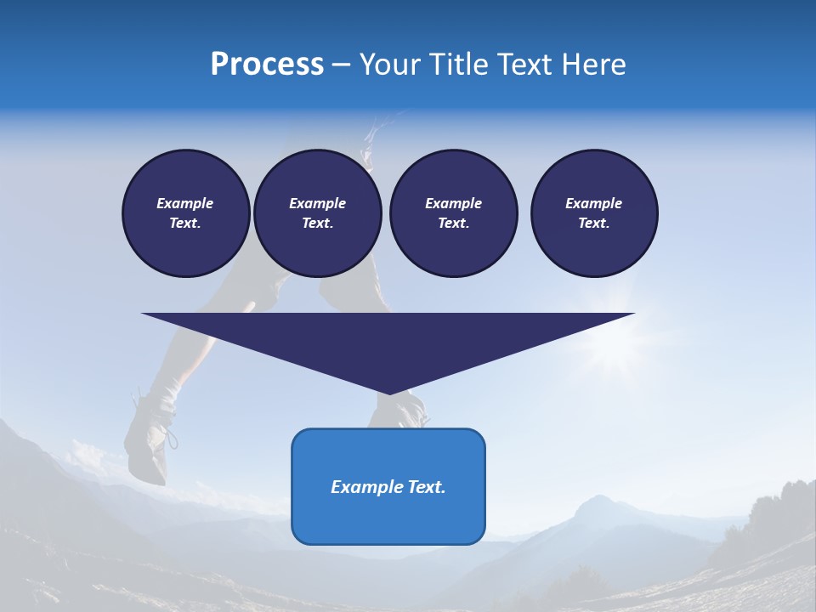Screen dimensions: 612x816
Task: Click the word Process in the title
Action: [x=267, y=65]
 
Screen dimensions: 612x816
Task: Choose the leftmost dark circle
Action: [x=186, y=213]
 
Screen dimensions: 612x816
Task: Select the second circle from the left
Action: [x=317, y=213]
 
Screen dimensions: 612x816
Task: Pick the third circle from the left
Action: [x=453, y=213]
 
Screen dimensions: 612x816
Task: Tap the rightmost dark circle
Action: [x=594, y=213]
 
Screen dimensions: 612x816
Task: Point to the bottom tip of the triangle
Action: [x=388, y=392]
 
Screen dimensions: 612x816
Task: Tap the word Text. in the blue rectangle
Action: [x=425, y=487]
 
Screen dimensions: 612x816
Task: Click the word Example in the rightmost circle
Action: [x=594, y=203]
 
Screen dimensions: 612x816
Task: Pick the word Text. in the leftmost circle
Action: [x=186, y=224]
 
